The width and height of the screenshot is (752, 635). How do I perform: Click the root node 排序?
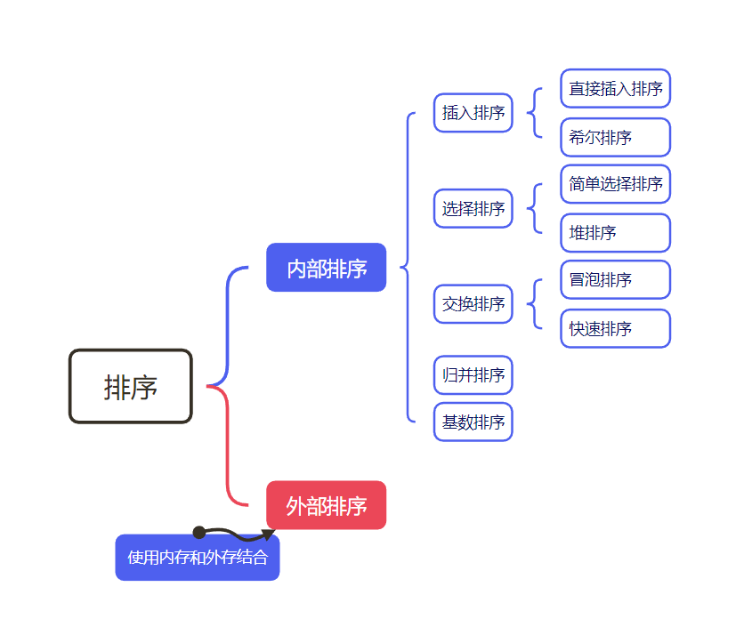(x=131, y=386)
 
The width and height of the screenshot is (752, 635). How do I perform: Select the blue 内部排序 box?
(x=326, y=268)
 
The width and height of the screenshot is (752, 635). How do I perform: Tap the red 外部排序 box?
(x=326, y=505)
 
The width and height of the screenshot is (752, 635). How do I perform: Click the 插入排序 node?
(x=473, y=113)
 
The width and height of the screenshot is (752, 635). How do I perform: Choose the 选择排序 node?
(x=473, y=209)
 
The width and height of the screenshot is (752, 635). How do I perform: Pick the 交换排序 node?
(x=473, y=304)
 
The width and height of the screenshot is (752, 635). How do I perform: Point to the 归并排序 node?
(x=473, y=374)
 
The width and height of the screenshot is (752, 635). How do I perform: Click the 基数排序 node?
(x=473, y=422)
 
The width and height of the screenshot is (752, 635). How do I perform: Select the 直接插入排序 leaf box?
(x=615, y=89)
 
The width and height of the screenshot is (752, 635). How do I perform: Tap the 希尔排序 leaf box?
(x=615, y=137)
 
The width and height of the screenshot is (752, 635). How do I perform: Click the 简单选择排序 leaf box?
(x=615, y=184)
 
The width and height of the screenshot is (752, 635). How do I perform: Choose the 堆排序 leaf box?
(x=615, y=233)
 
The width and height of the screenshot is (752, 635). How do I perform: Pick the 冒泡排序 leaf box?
(x=615, y=280)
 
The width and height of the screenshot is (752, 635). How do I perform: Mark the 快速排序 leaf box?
(x=615, y=328)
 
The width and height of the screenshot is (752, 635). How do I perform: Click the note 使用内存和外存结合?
(x=198, y=558)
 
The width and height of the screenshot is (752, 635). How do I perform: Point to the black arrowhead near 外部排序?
(x=268, y=535)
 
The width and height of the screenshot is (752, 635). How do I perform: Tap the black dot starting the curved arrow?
(x=199, y=533)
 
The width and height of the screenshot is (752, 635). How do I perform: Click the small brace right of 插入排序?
(x=534, y=113)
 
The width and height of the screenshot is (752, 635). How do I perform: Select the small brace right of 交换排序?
(x=534, y=304)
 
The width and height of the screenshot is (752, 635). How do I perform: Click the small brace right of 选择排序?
(x=534, y=209)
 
